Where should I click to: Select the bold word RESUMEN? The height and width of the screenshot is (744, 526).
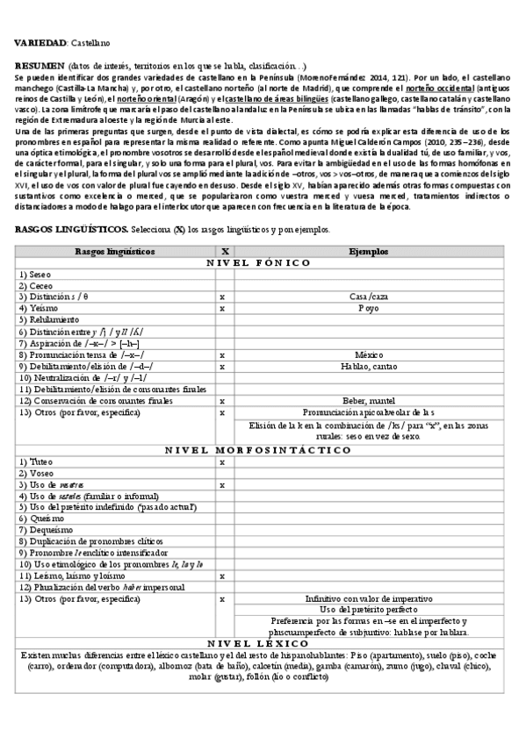[x=40, y=68]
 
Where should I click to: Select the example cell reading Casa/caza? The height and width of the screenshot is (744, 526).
[x=368, y=297]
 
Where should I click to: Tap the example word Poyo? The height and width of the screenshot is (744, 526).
[x=368, y=309]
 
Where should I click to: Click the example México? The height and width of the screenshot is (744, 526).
[x=368, y=354]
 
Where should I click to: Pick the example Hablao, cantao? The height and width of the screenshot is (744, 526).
[x=368, y=366]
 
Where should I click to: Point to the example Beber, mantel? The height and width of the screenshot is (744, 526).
[x=368, y=400]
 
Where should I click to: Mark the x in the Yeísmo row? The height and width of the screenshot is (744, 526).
[x=222, y=309]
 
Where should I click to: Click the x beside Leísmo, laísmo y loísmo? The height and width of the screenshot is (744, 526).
[x=222, y=576]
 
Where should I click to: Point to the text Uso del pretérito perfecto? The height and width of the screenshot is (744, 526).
[x=368, y=610]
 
